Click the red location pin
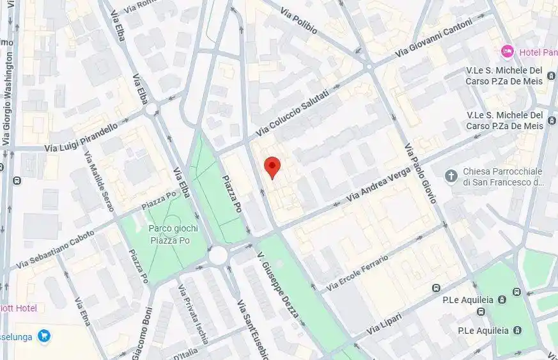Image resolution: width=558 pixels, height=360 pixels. (x=273, y=167)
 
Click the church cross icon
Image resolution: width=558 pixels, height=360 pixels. (x=452, y=176)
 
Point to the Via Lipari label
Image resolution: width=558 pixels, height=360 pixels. (x=384, y=325)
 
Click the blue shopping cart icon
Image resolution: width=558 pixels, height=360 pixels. (x=43, y=335)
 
